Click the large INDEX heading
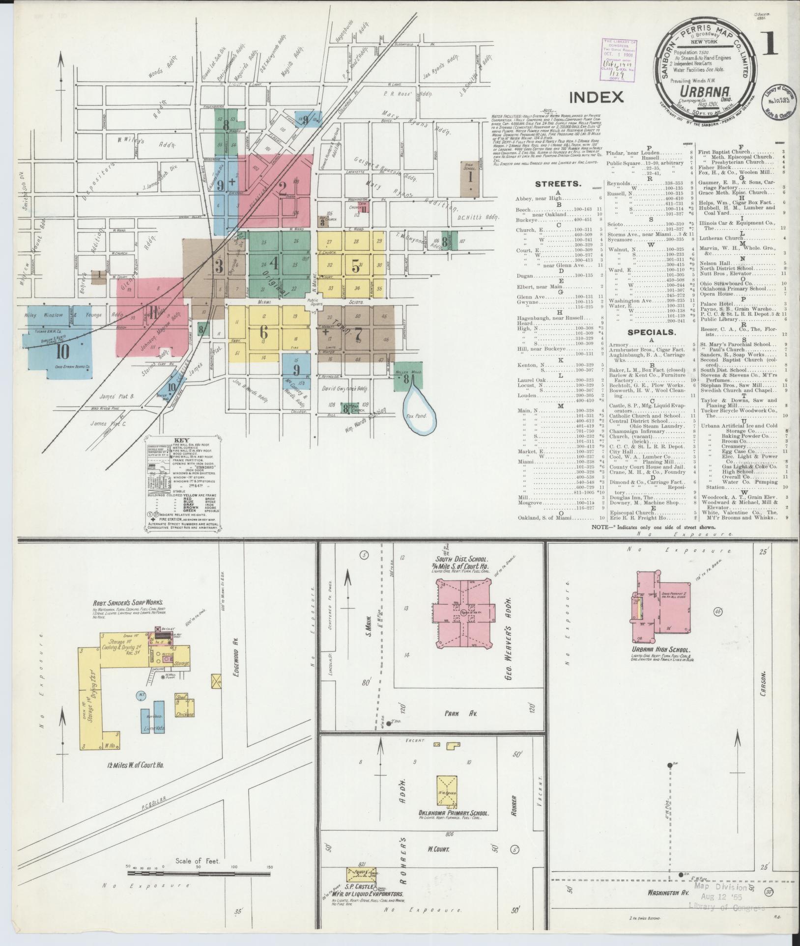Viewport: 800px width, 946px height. point(596,97)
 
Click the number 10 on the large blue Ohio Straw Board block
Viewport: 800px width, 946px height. point(62,351)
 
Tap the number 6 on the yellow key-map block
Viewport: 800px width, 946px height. point(264,332)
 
